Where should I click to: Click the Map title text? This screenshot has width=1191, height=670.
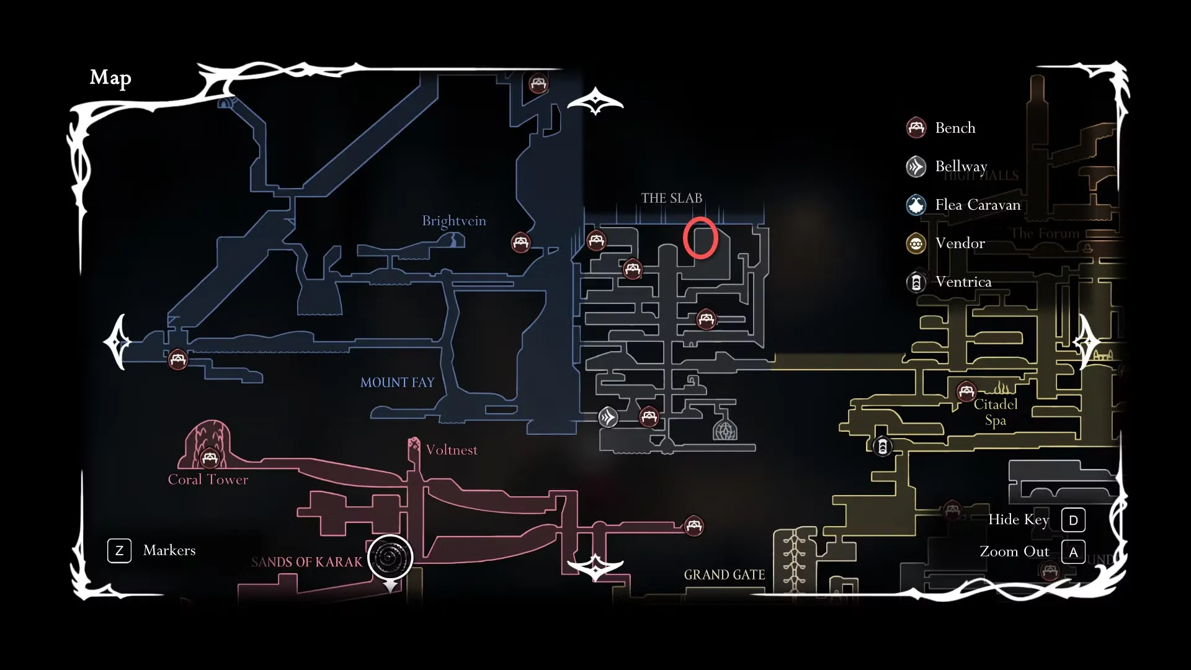[110, 78]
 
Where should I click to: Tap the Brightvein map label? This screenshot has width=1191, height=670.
[453, 221]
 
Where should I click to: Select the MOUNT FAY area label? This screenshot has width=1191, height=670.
[397, 382]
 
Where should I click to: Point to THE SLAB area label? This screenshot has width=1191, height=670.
[671, 199]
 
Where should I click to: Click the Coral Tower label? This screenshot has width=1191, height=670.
[208, 480]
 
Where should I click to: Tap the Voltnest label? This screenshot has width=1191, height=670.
[452, 450]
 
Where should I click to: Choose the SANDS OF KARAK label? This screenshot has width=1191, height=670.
[306, 562]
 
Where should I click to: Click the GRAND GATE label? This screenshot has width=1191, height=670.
[724, 575]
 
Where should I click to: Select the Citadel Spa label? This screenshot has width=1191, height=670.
[996, 412]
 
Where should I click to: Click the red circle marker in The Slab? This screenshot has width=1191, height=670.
[700, 238]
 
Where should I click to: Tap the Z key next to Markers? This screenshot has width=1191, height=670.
[119, 550]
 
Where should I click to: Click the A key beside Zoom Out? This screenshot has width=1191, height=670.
[1073, 552]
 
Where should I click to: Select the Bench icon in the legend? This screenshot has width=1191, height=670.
[916, 128]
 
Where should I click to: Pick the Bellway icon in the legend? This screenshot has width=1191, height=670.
[916, 166]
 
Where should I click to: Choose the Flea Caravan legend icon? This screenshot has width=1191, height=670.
[916, 205]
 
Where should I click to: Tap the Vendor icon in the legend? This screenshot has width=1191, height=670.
[916, 243]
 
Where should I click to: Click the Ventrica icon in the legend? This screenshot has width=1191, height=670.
[916, 282]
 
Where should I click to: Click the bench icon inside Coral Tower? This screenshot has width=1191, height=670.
[210, 458]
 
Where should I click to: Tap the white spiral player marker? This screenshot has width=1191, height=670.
[390, 557]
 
